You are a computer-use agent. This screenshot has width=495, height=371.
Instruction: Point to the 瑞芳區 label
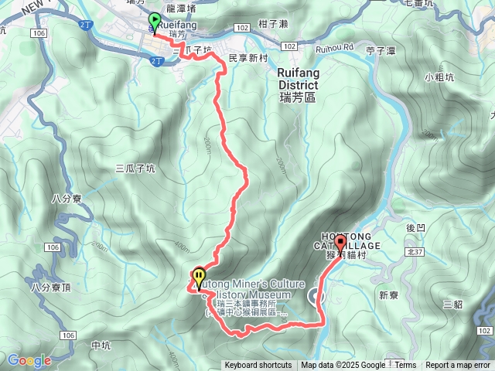click(x=297, y=98)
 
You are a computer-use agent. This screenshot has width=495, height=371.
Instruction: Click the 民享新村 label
click(x=247, y=57)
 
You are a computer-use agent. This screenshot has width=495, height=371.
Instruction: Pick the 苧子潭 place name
click(x=381, y=51)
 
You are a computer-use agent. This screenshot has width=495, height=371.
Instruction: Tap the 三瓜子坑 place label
click(x=135, y=168)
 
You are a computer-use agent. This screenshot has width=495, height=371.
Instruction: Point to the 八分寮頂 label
click(x=51, y=288)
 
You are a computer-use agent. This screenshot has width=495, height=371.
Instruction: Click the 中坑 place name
click(x=101, y=345)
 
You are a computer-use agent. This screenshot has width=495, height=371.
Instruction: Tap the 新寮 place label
click(x=387, y=294)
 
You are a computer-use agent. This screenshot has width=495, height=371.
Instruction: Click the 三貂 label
click(x=452, y=304)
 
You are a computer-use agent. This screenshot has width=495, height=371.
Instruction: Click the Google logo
click(x=29, y=360)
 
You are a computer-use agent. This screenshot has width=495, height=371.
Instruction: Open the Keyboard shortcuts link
click(x=258, y=366)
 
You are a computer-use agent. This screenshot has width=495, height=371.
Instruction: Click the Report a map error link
click(x=459, y=366)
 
